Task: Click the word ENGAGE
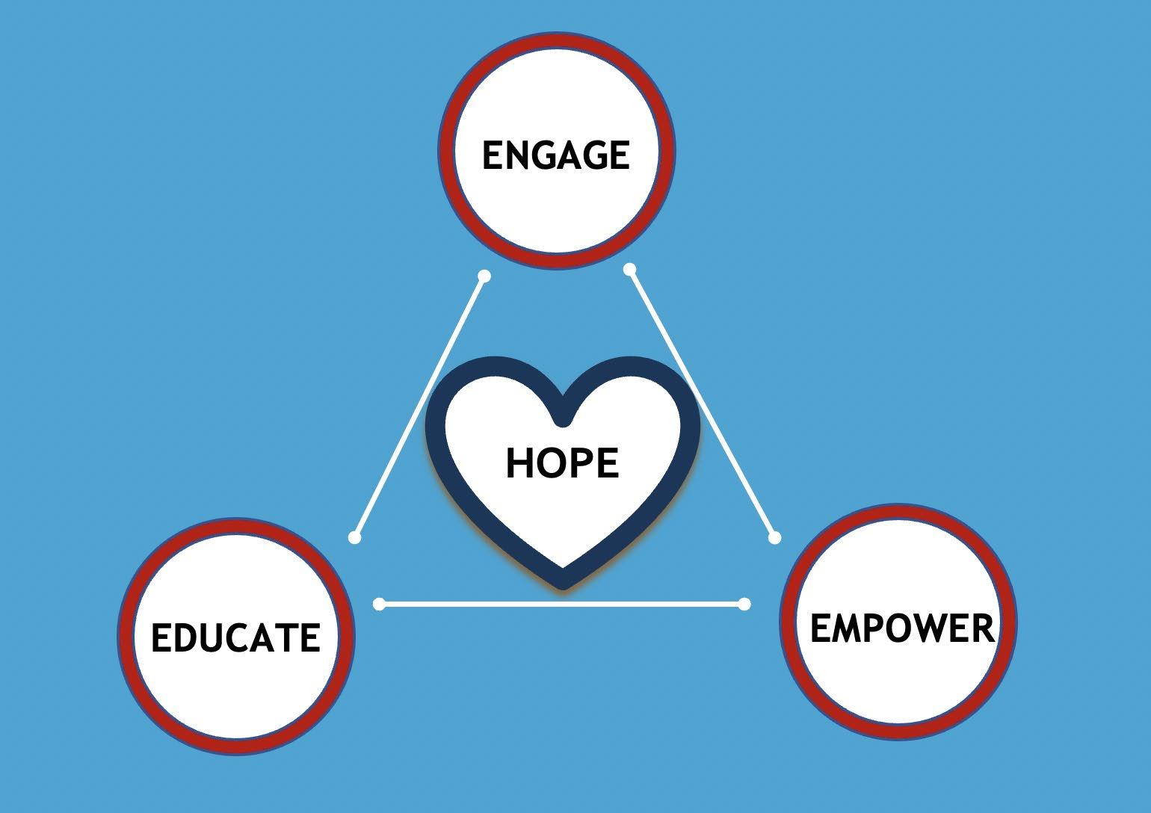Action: point(555,155)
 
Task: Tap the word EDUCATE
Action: point(235,638)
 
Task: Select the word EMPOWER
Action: point(902,628)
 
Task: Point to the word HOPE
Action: point(562,463)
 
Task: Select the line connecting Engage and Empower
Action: point(702,403)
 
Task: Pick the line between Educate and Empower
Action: point(561,604)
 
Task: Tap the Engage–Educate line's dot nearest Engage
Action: point(484,276)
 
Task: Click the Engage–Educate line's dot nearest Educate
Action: point(355,537)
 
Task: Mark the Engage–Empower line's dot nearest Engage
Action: point(630,269)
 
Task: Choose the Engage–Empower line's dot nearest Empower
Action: point(774,537)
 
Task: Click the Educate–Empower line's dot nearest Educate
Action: point(380,604)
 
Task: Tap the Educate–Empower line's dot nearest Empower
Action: point(744,604)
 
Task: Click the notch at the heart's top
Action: point(563,420)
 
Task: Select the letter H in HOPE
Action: point(520,463)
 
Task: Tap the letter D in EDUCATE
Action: point(186,638)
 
